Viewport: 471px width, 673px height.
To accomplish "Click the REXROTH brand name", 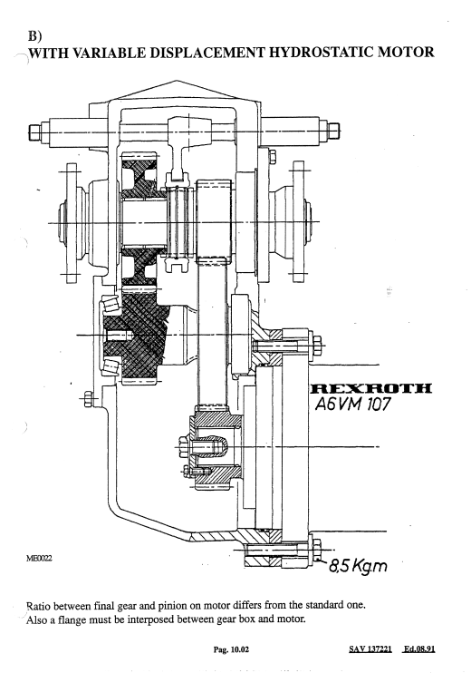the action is (x=370, y=388).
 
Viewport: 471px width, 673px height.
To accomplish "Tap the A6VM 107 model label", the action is (x=352, y=405).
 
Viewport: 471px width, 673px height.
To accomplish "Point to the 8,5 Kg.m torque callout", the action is (x=359, y=566).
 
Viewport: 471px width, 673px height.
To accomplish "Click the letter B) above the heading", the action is (x=34, y=35).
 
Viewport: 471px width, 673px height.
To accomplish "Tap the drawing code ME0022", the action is (x=39, y=559).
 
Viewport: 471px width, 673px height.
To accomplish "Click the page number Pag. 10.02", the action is (x=231, y=649).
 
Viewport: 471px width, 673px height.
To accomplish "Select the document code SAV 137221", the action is (x=370, y=649).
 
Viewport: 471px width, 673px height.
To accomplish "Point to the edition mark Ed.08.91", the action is (x=419, y=649).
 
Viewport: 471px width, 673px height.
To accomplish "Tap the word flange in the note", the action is (x=76, y=619).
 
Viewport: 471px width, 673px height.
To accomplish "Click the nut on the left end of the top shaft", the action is (x=34, y=132).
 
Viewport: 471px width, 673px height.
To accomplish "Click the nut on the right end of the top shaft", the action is (x=334, y=131).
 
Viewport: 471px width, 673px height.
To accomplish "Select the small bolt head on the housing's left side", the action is (x=88, y=399).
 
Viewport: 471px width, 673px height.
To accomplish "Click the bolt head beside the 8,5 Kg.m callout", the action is (x=317, y=551).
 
